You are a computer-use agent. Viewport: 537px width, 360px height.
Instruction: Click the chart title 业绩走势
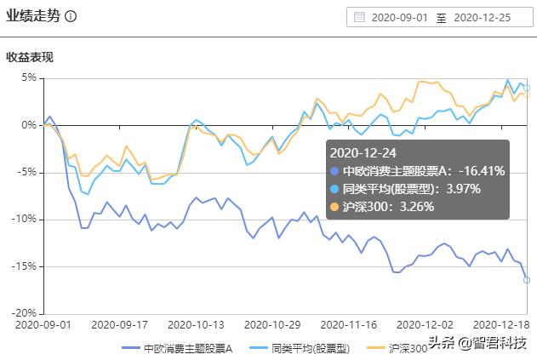[x=33, y=16]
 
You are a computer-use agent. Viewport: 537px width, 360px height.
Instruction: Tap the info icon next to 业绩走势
[x=71, y=17]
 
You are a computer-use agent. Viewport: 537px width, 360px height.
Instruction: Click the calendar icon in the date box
[x=359, y=17]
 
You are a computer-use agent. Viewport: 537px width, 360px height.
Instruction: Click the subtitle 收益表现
[x=30, y=58]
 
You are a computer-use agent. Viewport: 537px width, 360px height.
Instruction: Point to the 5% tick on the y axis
[x=29, y=77]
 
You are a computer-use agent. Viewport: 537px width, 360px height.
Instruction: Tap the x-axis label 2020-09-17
[x=118, y=324]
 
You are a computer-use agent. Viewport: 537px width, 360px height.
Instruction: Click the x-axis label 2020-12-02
[x=423, y=324]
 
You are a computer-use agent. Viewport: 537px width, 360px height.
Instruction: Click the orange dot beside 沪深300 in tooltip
[x=334, y=206]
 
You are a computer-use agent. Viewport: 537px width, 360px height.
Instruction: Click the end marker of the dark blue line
[x=527, y=280]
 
